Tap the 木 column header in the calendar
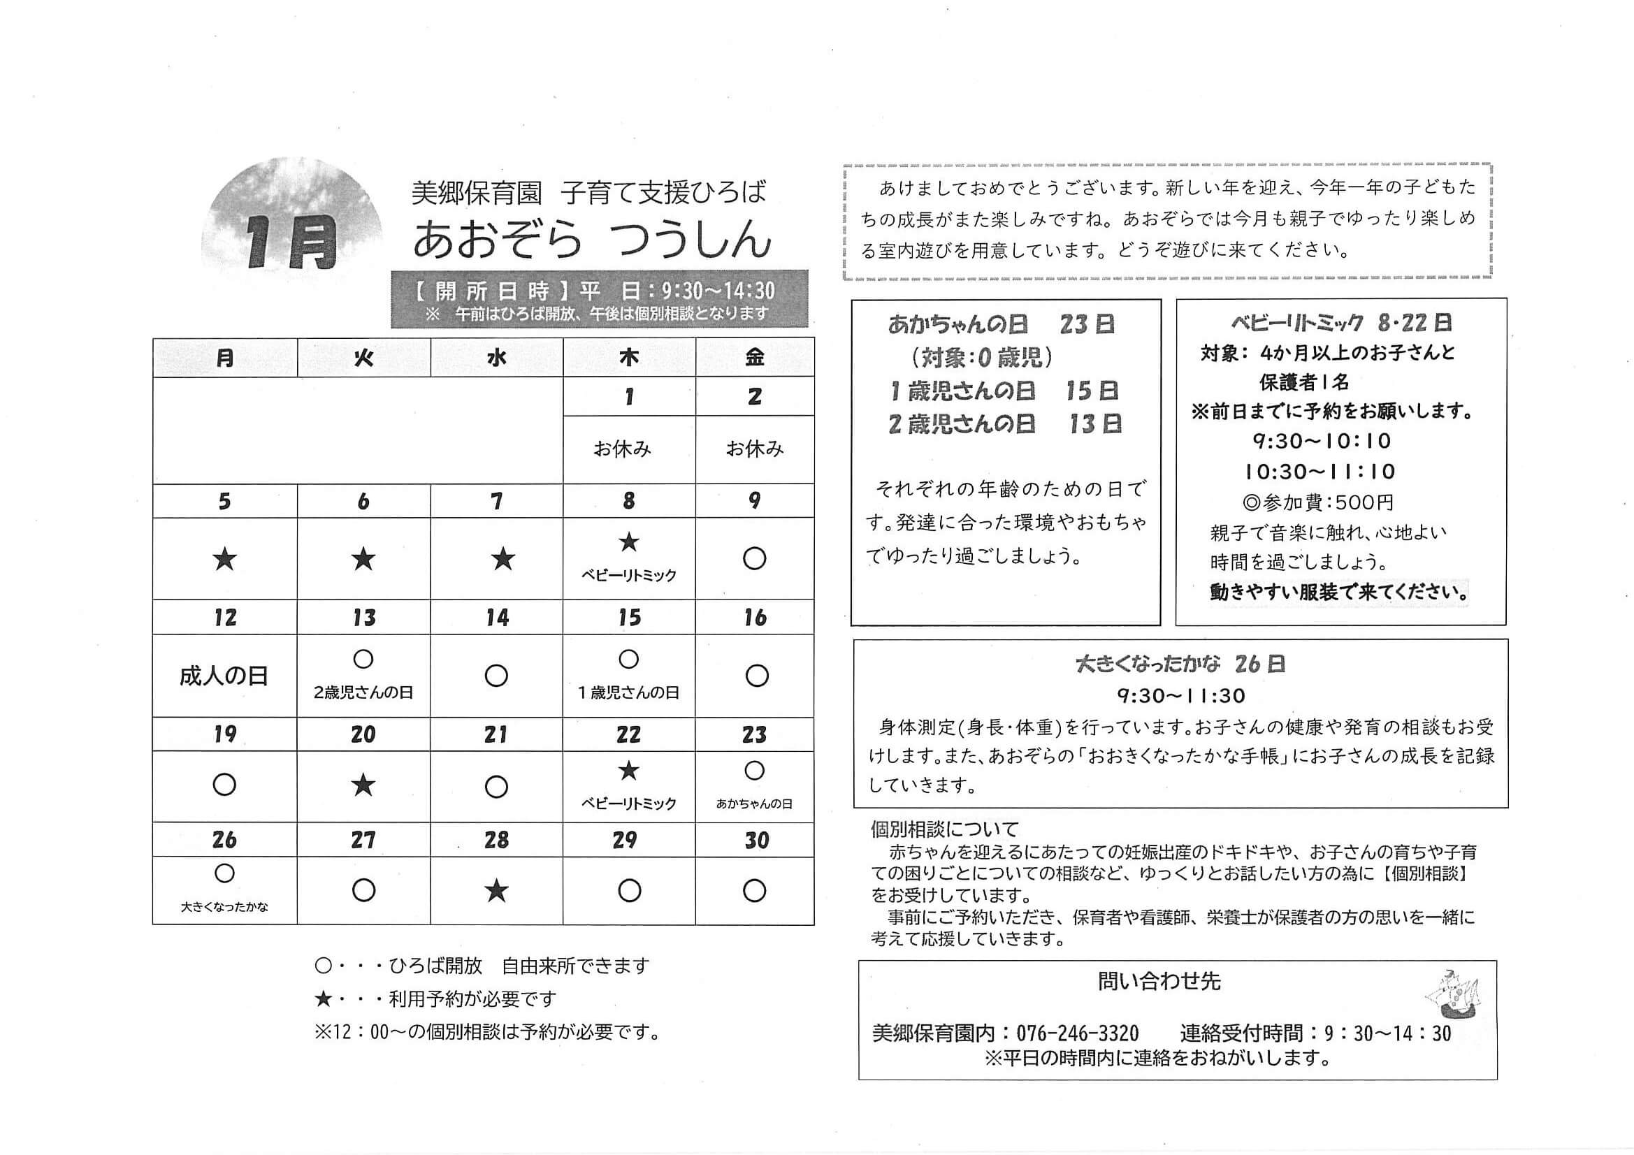coord(628,357)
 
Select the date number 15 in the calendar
coord(629,617)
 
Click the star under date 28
coord(496,891)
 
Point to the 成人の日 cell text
coord(224,676)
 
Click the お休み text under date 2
coord(754,449)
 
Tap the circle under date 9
coord(754,559)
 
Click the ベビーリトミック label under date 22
coord(628,804)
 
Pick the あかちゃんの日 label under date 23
coord(754,804)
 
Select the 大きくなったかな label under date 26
coord(224,907)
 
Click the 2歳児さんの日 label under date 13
coord(363,692)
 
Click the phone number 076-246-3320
coord(1078,1033)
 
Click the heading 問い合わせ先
coord(1159,981)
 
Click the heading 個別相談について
coord(945,829)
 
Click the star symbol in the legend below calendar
coord(323,999)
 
